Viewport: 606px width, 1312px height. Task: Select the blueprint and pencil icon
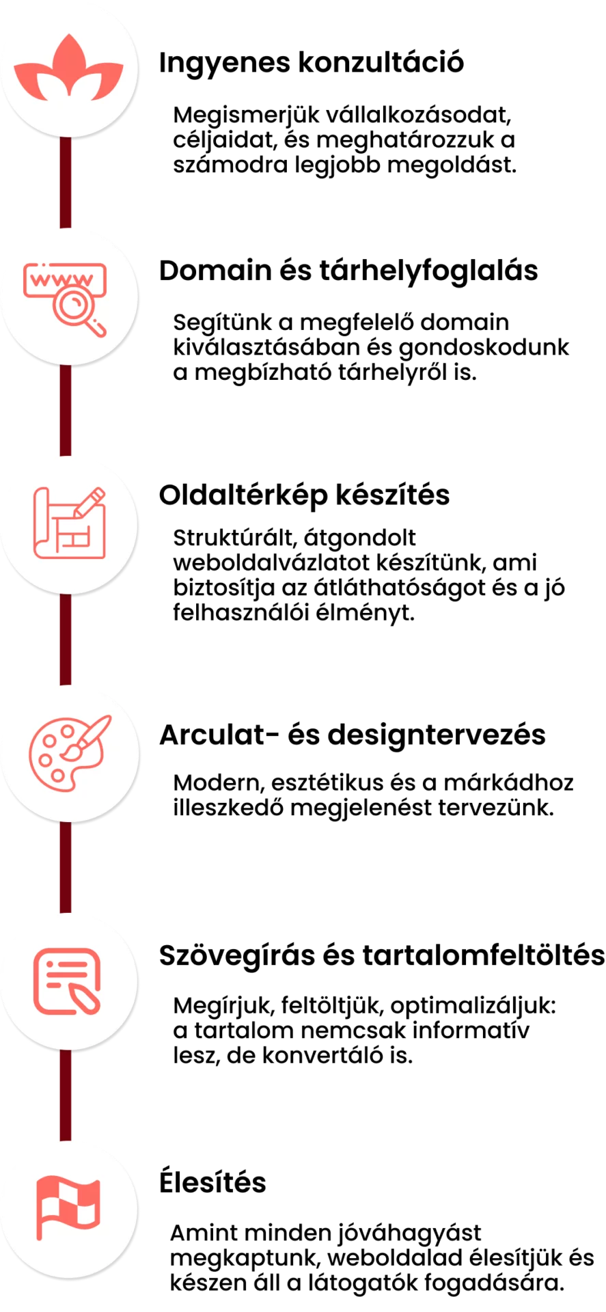point(70,523)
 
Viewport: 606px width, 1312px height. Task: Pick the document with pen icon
point(67,981)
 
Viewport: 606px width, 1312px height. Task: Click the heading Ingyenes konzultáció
point(312,63)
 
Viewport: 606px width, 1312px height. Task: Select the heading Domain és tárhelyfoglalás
point(348,271)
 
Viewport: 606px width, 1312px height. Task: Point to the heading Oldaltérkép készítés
point(304,495)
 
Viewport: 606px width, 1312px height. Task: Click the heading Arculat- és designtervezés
point(353,735)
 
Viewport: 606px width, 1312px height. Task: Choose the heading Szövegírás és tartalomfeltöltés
point(382,955)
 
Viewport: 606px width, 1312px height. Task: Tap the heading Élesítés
point(212,1182)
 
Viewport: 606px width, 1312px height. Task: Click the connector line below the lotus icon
point(66,182)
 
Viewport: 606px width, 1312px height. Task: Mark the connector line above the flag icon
point(66,1095)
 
